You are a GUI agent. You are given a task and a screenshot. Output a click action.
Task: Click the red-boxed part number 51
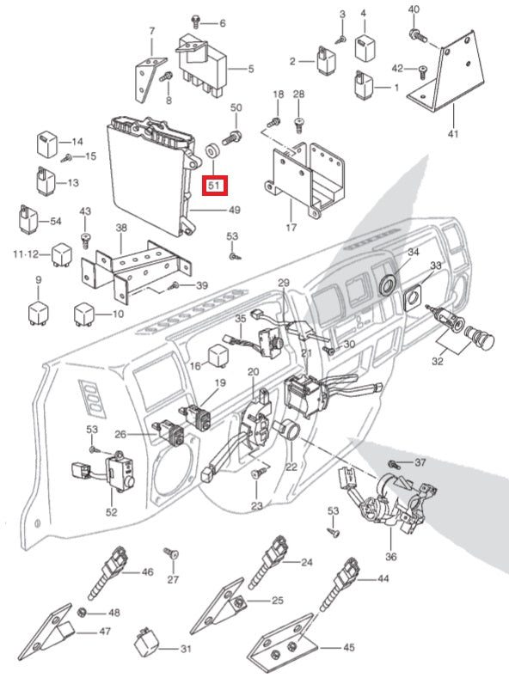[214, 186]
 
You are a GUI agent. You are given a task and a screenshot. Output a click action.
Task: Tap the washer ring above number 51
[212, 151]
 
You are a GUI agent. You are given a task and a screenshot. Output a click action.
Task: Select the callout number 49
[235, 211]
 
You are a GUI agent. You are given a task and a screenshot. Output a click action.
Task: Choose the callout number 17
[291, 227]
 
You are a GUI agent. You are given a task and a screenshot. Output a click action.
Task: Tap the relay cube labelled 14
[46, 143]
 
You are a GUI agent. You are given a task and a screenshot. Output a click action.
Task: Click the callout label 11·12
[26, 253]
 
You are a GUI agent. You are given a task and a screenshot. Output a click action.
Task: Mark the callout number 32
[438, 361]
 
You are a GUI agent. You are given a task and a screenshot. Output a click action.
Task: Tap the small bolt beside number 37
[394, 464]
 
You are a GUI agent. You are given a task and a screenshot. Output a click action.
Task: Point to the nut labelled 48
[81, 613]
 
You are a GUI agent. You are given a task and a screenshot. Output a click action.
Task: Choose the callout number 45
[349, 647]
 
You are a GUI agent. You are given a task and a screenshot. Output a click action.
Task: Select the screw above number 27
[172, 554]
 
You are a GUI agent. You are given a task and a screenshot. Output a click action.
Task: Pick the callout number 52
[112, 511]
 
